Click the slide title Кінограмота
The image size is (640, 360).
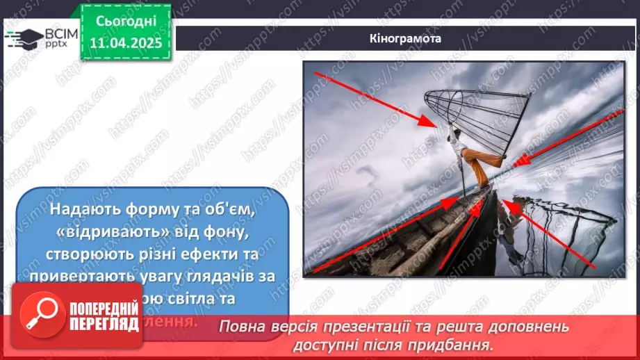point(406,38)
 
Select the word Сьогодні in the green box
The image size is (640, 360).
point(126,22)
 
